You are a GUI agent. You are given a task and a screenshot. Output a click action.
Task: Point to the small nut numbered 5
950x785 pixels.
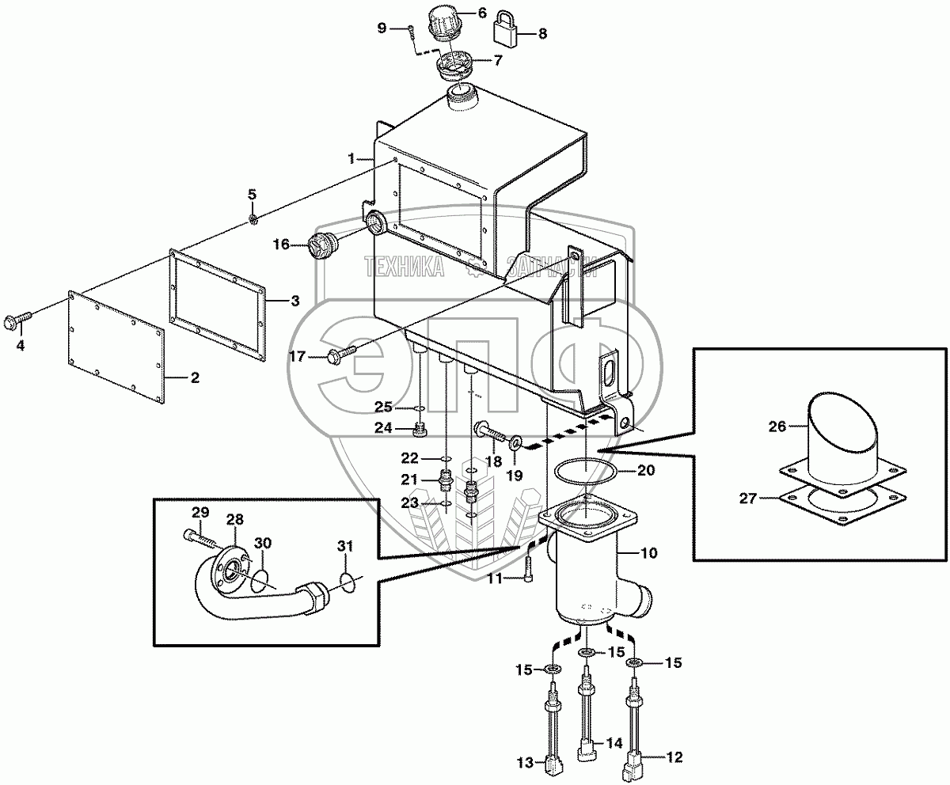click(253, 218)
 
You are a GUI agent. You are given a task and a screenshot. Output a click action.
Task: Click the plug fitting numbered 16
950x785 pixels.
click(322, 245)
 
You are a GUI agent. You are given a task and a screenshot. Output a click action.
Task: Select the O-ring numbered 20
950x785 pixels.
click(586, 468)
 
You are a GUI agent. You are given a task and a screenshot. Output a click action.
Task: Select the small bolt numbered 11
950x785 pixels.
click(529, 569)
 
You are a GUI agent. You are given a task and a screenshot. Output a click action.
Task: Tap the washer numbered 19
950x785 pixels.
click(516, 440)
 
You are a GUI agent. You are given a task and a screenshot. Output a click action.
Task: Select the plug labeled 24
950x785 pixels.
click(421, 431)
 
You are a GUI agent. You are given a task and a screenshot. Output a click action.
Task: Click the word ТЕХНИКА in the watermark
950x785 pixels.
click(404, 268)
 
